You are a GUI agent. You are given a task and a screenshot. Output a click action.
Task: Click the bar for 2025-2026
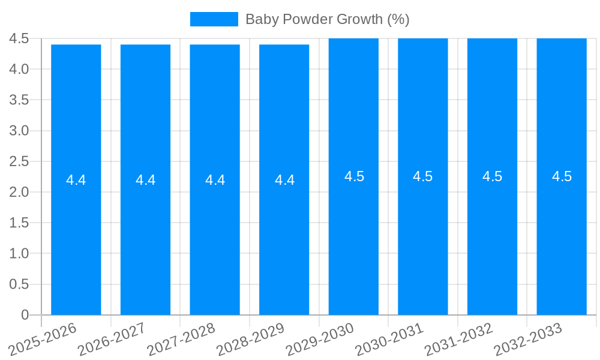[x=76, y=240]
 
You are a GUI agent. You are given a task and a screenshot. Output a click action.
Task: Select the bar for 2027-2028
[x=215, y=240]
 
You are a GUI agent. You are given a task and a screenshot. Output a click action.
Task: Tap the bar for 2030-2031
[x=423, y=240]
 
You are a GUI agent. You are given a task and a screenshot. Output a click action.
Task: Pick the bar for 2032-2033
[x=562, y=240]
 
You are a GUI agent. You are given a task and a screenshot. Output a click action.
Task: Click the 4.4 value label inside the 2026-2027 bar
[x=146, y=180]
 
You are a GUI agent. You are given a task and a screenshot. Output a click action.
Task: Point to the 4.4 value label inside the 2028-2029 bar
[x=284, y=180]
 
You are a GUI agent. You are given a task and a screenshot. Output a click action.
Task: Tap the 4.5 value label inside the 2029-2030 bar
[x=354, y=176]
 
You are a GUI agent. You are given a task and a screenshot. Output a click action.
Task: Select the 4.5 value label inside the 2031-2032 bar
[x=493, y=176]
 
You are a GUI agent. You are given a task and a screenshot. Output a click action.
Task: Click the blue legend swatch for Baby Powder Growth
[x=214, y=19]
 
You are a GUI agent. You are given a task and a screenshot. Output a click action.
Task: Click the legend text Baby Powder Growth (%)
[x=328, y=19]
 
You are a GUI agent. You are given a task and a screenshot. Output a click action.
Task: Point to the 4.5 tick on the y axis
[x=19, y=38]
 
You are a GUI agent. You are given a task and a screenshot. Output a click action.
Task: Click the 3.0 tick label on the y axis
[x=19, y=131]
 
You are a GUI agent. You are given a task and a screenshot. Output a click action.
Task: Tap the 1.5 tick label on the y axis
[x=19, y=223]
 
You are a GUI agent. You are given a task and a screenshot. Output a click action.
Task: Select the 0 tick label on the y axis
[x=25, y=315]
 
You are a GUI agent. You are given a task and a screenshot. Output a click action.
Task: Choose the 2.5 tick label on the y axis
[x=19, y=161]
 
